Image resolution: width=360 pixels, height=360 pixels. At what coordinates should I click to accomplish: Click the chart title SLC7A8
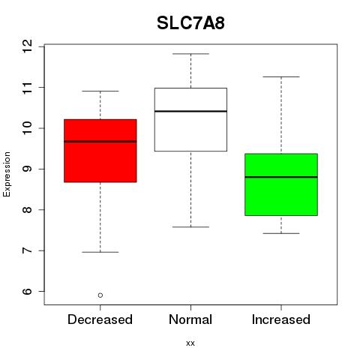click(190, 23)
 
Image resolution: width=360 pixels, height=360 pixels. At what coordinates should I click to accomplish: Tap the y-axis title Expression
click(7, 174)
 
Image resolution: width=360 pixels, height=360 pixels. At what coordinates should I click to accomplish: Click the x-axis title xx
click(190, 343)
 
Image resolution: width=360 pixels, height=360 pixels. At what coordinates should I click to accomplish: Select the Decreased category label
click(100, 319)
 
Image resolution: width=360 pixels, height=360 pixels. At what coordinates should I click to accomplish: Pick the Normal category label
click(190, 319)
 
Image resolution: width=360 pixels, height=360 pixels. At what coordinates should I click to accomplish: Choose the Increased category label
click(281, 319)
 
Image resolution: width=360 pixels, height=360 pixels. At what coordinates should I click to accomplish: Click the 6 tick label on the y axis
click(28, 292)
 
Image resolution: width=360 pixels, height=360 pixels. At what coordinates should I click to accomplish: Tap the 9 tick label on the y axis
click(28, 169)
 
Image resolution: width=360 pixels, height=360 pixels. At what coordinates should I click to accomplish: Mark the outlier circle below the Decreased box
click(100, 295)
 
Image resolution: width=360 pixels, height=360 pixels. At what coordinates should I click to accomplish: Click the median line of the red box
click(100, 142)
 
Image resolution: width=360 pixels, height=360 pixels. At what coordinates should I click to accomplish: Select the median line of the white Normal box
click(190, 111)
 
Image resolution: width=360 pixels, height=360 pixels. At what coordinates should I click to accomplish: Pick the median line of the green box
click(281, 177)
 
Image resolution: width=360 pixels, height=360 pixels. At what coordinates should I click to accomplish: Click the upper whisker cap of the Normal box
click(190, 54)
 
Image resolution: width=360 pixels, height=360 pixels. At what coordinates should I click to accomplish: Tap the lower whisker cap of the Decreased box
click(100, 252)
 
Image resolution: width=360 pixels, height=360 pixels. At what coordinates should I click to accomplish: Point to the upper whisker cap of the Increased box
click(281, 76)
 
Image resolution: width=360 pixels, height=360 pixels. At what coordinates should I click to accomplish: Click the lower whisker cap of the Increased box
click(281, 233)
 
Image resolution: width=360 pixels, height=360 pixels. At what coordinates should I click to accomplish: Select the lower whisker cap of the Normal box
click(190, 226)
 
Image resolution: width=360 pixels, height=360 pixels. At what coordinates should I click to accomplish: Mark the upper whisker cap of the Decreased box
click(100, 91)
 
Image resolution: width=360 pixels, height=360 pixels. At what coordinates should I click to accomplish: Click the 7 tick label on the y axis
click(28, 250)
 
